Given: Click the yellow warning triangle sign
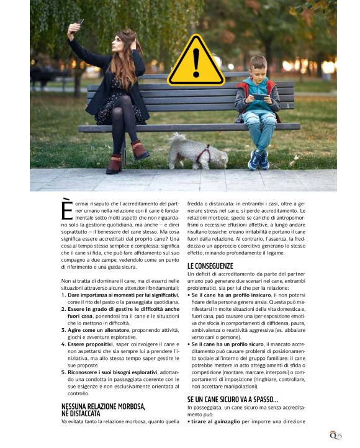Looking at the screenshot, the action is click(x=196, y=61).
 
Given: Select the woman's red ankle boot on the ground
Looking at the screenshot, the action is click(x=115, y=164).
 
